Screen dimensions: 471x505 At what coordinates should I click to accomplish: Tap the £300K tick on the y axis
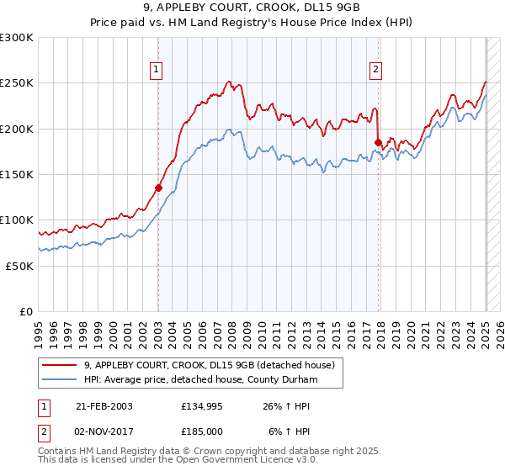[x=17, y=38]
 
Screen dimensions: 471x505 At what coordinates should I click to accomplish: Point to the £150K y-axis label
[x=17, y=174]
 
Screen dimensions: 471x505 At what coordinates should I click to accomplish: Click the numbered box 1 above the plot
[x=157, y=71]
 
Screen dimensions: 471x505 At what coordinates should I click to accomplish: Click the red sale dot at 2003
[x=158, y=188]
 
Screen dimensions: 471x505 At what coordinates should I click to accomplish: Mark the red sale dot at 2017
[x=378, y=142]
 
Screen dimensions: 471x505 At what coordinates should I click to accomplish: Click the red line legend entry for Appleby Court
[x=210, y=365]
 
